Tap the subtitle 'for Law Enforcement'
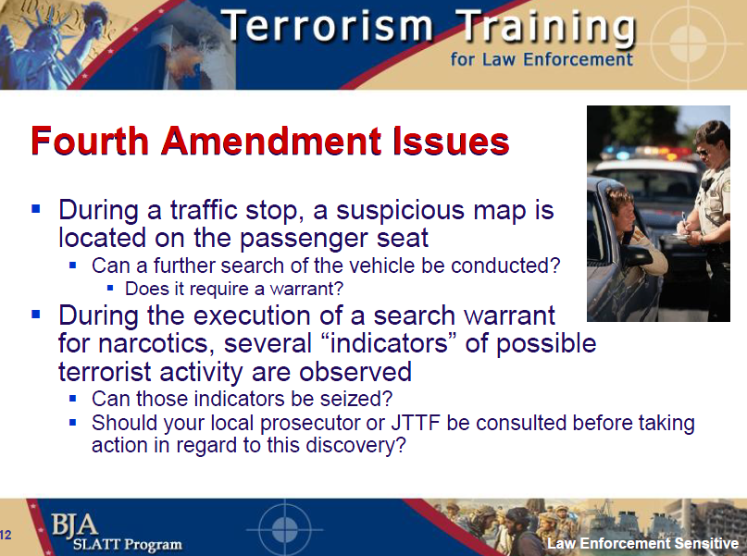click(x=542, y=59)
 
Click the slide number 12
click(x=6, y=534)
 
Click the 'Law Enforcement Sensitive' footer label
click(x=642, y=543)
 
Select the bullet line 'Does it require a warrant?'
click(x=234, y=288)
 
